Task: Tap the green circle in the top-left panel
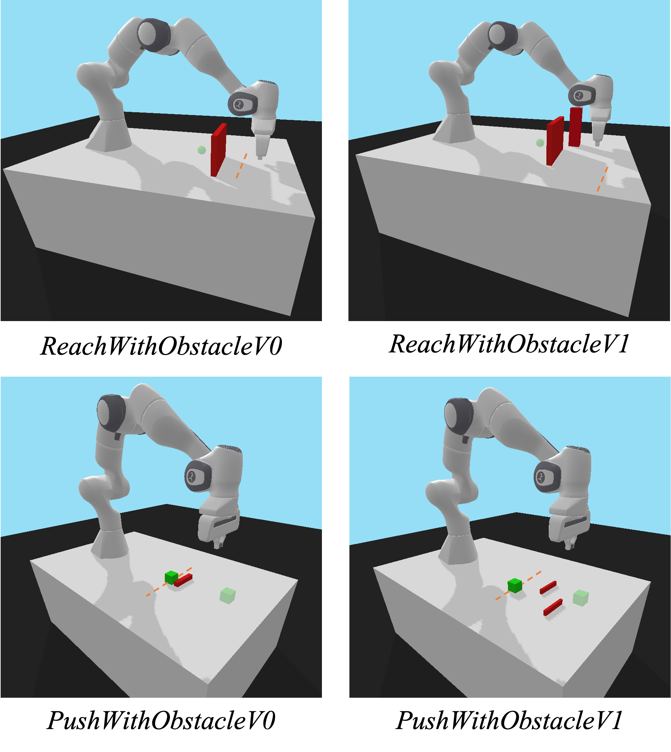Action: (201, 150)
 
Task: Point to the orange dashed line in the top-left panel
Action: (241, 166)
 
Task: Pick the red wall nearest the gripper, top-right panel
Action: (575, 127)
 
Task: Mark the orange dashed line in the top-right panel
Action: (602, 179)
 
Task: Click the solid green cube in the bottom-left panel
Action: (171, 577)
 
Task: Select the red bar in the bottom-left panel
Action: (184, 580)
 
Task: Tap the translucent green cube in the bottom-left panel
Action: (228, 595)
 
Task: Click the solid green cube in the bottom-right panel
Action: (515, 585)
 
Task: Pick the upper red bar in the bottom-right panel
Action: (548, 587)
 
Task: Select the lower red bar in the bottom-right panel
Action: (553, 607)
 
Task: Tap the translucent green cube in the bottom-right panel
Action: (581, 598)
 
